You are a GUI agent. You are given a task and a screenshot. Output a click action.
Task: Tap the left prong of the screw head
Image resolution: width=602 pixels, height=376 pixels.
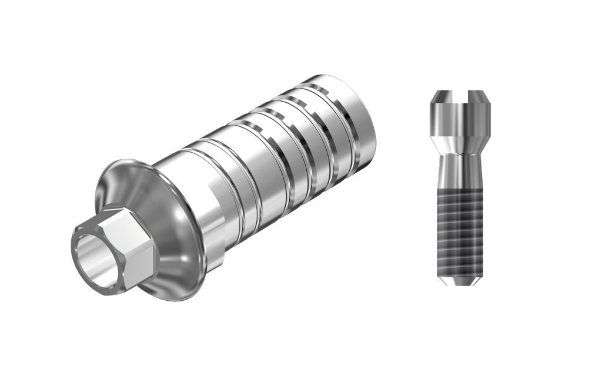click(444, 96)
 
